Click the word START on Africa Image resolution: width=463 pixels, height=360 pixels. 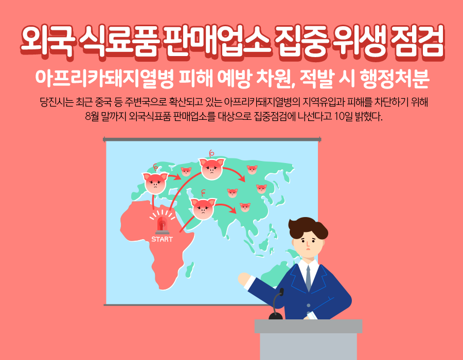coord(162,239)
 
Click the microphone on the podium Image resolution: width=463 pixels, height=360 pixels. coord(276,304)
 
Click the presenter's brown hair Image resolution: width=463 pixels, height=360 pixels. coord(308,227)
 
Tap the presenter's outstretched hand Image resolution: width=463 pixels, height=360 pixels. coord(244,279)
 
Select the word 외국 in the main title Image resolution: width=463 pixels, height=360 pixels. coord(47,41)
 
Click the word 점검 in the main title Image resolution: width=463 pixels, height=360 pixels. coord(417,41)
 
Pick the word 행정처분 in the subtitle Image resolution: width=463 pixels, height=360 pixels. coord(394,79)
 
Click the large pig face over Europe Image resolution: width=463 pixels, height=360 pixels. coord(155,183)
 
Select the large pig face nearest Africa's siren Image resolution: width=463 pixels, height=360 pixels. coord(203,209)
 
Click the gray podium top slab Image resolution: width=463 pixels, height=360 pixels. coord(308,327)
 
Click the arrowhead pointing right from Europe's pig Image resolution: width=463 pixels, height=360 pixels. coord(178,177)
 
